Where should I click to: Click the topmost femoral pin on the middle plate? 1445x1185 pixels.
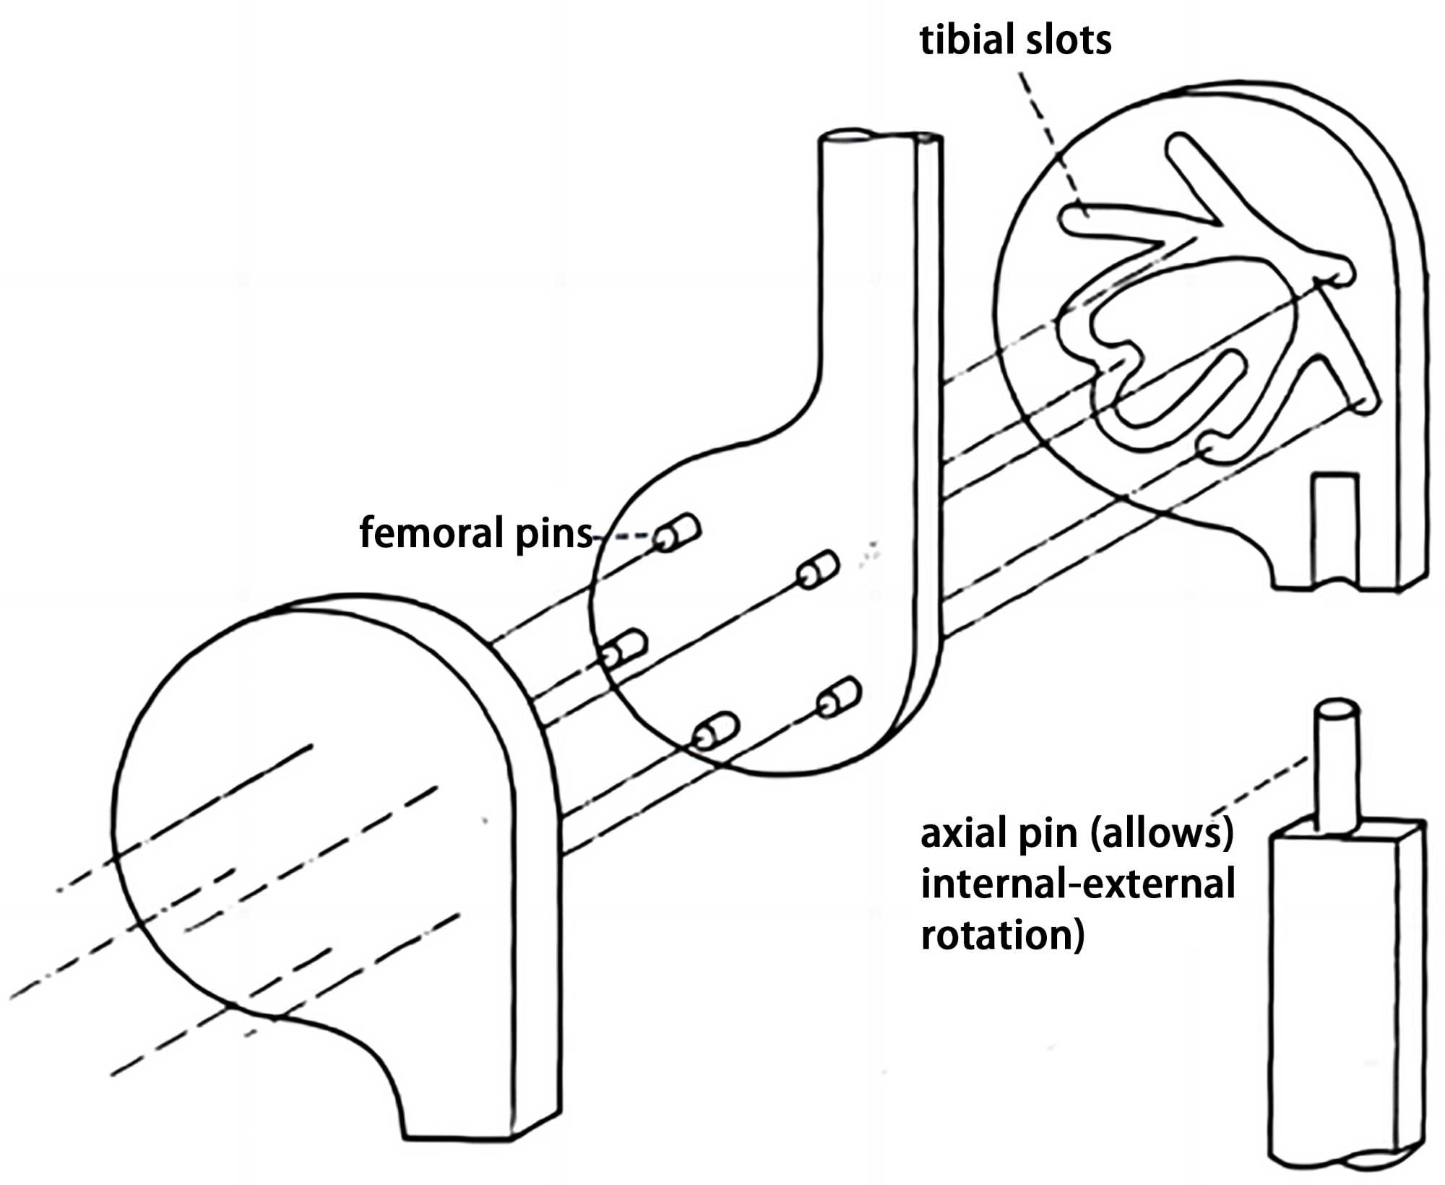pos(677,533)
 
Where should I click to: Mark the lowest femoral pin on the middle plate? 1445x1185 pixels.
pos(715,731)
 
